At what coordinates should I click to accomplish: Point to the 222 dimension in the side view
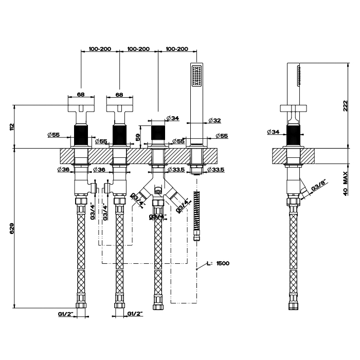(x=345, y=106)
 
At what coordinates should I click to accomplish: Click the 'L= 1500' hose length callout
(x=220, y=263)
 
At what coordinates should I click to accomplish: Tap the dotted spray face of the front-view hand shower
(x=196, y=75)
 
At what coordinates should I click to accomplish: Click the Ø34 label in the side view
(x=273, y=132)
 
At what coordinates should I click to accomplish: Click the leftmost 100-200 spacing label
(x=100, y=49)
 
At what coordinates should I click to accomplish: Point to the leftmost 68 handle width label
(x=80, y=95)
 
